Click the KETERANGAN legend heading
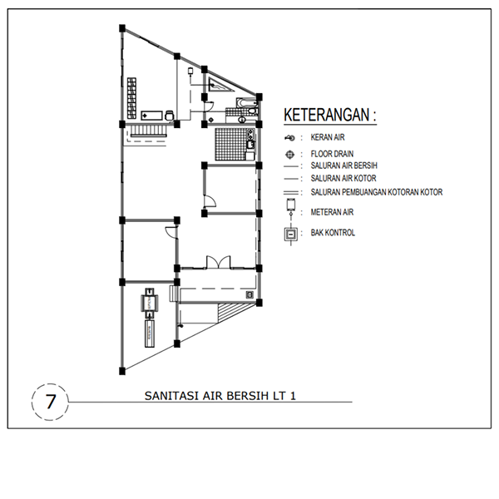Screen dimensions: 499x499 (x=329, y=115)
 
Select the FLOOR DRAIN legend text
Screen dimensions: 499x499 (x=333, y=154)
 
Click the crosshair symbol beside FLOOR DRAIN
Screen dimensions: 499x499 (x=289, y=154)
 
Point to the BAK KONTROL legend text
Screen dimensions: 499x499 (x=333, y=233)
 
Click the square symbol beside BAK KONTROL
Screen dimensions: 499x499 (x=289, y=234)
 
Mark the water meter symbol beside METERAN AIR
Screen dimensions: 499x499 (x=289, y=205)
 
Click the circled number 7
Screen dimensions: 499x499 (x=51, y=402)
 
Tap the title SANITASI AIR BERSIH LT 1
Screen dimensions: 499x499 (x=220, y=396)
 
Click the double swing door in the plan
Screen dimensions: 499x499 (x=219, y=262)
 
